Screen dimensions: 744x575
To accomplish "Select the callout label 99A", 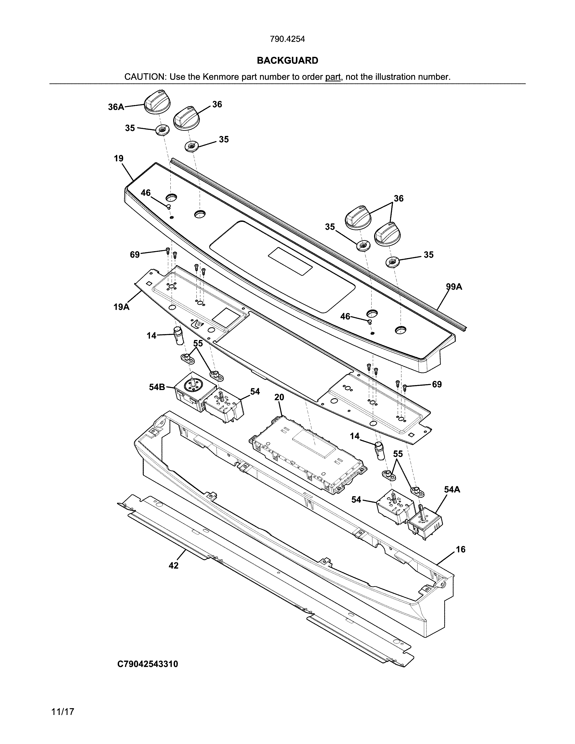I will tap(454, 287).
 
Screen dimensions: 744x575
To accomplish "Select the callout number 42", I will tap(173, 565).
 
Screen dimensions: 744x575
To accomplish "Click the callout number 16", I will tap(460, 549).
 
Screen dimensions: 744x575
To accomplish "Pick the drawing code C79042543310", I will tap(147, 664).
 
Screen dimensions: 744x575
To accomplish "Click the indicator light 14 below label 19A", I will tap(178, 335).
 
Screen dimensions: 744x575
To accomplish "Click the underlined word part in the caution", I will tap(333, 77).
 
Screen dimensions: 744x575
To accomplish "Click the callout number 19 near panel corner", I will tap(119, 158).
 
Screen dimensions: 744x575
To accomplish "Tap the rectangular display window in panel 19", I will tap(290, 261).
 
